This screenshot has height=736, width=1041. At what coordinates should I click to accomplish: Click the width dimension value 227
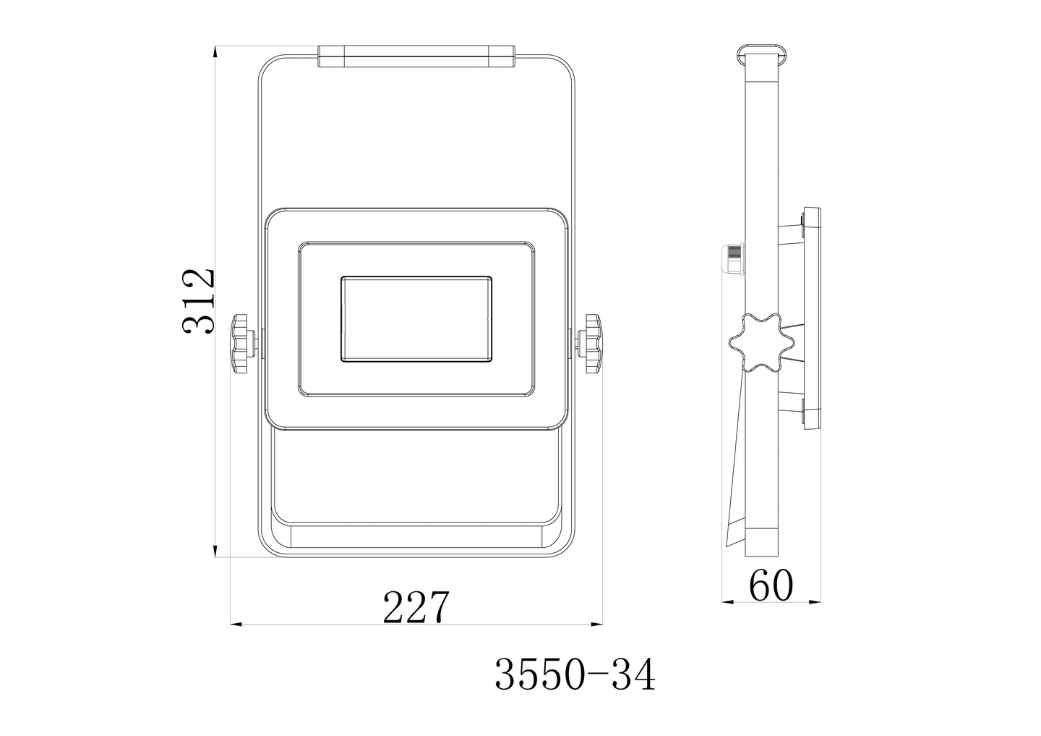click(x=416, y=608)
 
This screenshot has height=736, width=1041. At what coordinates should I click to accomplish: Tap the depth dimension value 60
click(x=771, y=586)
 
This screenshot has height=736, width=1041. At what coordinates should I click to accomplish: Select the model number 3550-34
click(x=575, y=676)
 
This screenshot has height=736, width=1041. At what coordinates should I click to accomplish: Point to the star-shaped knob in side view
click(x=756, y=344)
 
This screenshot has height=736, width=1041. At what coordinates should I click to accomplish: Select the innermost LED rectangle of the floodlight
click(x=416, y=318)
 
